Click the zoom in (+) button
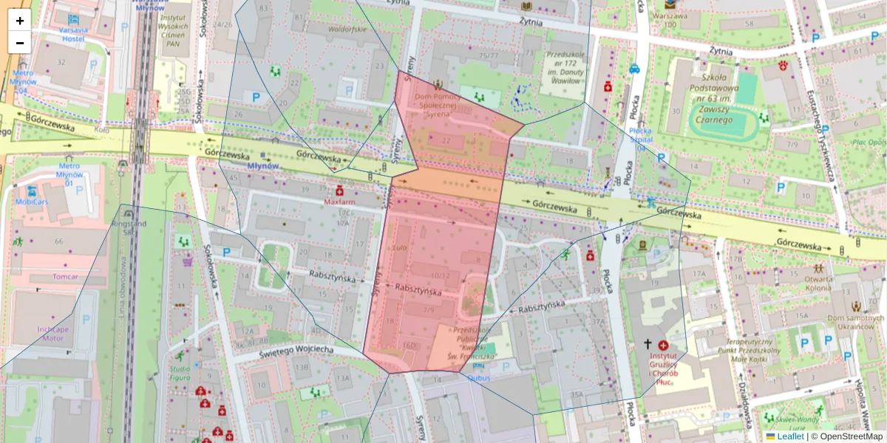pos(20,21)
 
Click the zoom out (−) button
pos(20,43)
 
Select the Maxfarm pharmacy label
pos(339,201)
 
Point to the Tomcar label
pos(65,277)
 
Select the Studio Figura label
pos(180,373)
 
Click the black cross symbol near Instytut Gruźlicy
pos(648,345)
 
